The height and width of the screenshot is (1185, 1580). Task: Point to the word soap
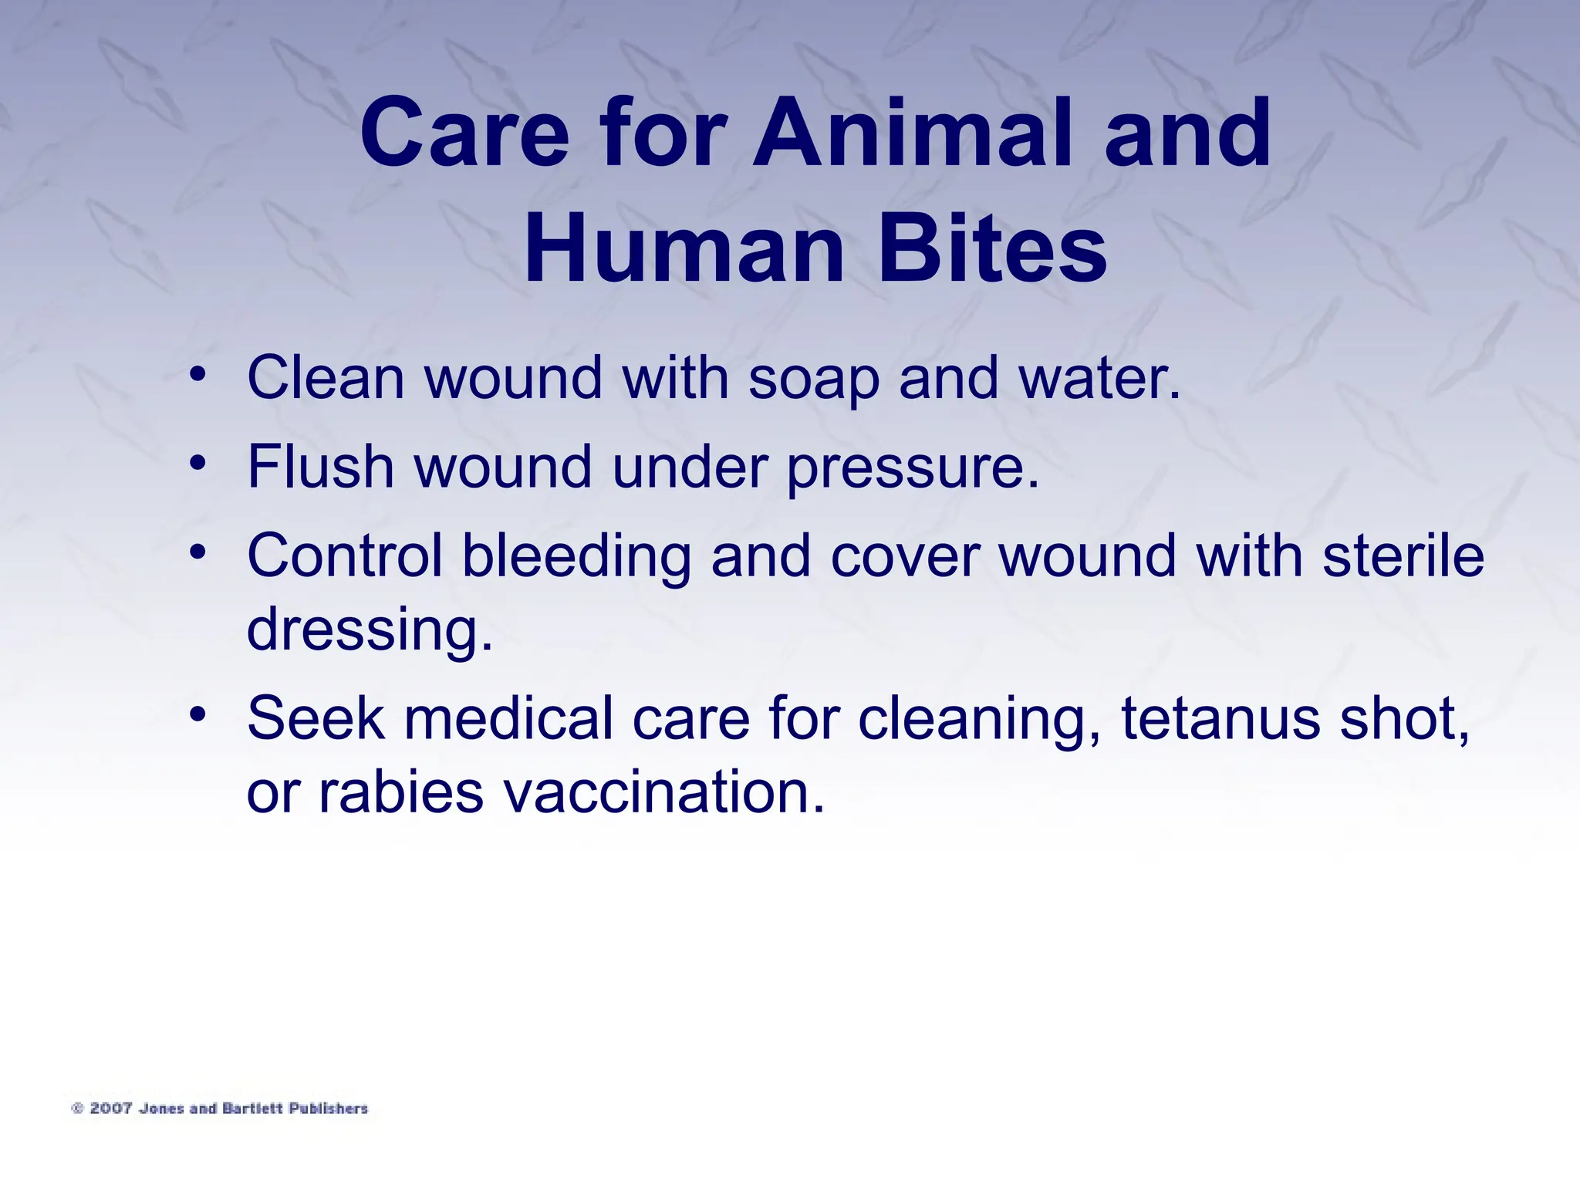(814, 380)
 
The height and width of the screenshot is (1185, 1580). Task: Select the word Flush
(320, 467)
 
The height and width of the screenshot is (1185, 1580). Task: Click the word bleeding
(576, 558)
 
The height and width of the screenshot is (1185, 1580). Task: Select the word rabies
(400, 792)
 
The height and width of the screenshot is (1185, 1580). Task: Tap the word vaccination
(663, 792)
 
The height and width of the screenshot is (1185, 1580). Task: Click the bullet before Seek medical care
(198, 715)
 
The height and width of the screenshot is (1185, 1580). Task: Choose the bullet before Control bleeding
(198, 552)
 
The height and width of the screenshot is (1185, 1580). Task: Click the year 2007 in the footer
(111, 1109)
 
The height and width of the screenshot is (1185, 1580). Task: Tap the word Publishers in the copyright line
(329, 1109)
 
